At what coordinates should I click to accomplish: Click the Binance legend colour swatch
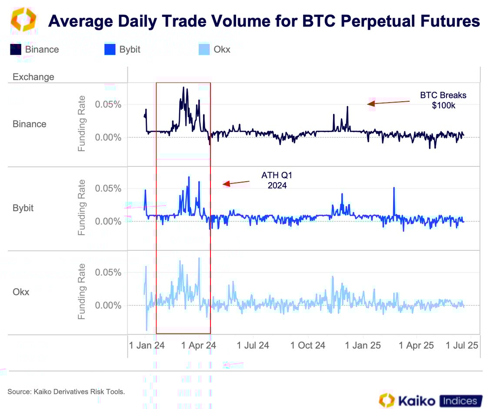(x=16, y=50)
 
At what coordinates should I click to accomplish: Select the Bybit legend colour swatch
(x=110, y=50)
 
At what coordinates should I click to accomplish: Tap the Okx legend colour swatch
(x=204, y=50)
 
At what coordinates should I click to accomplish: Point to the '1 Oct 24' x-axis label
(x=308, y=346)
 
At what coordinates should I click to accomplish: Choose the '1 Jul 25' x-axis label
(x=462, y=346)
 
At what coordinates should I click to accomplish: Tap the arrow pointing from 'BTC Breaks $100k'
(x=388, y=103)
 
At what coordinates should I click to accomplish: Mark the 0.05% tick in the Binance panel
(x=108, y=105)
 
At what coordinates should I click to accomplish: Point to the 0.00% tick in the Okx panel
(x=108, y=306)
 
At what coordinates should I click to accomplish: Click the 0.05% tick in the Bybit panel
(x=108, y=189)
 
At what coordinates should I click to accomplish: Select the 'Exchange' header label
(x=33, y=77)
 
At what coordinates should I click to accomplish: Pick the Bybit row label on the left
(x=23, y=208)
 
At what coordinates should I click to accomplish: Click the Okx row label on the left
(x=21, y=292)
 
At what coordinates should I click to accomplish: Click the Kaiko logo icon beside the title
(x=23, y=20)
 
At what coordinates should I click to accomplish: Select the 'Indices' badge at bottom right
(x=461, y=400)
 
